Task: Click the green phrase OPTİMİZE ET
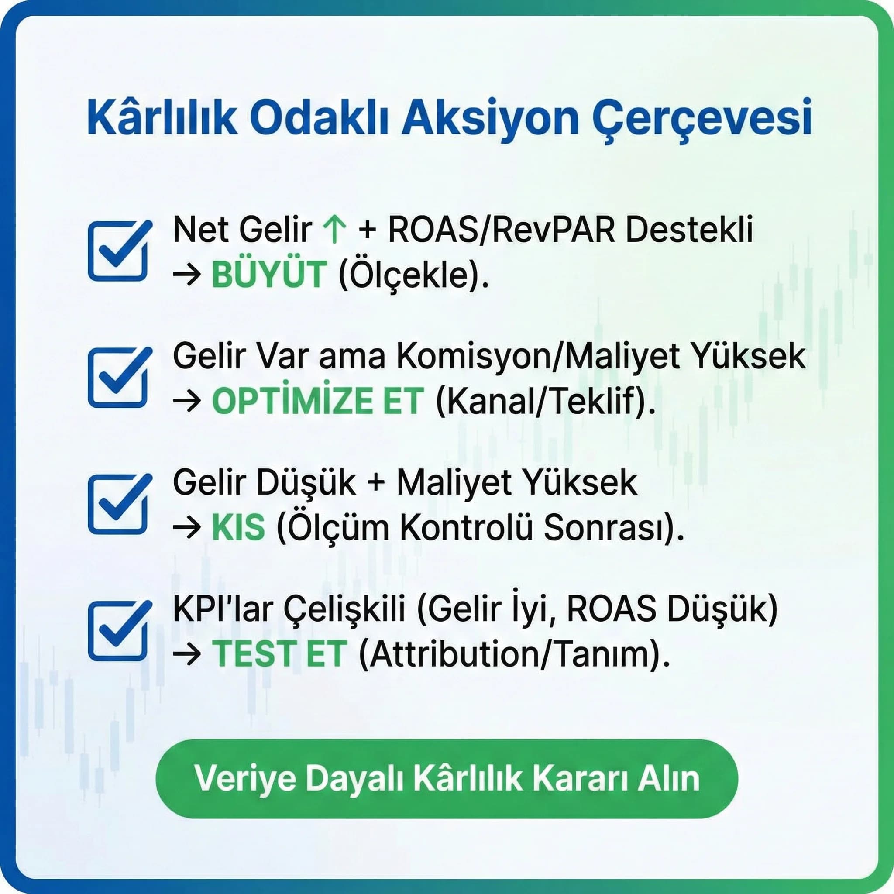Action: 317,401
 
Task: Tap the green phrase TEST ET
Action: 279,654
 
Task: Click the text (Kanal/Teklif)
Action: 546,402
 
